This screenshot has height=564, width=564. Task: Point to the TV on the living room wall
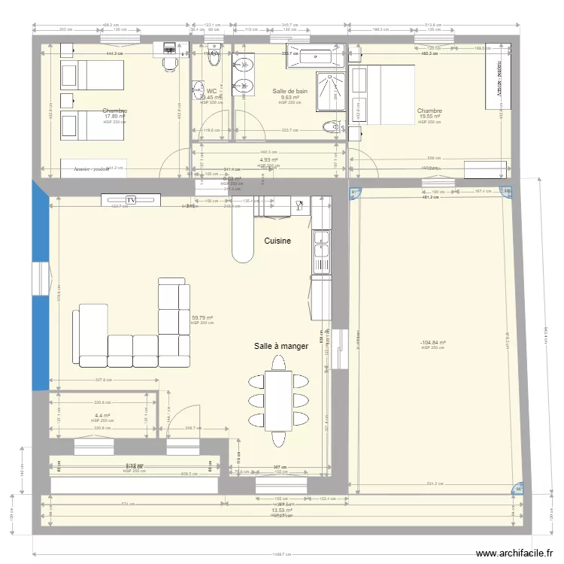click(131, 200)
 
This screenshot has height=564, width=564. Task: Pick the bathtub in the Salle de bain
click(313, 55)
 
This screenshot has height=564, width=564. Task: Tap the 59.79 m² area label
click(202, 318)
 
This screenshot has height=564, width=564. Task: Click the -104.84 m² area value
click(433, 343)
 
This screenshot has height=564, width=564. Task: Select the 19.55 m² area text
click(429, 117)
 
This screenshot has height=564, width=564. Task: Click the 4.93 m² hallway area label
click(268, 159)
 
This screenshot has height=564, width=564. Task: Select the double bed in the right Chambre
click(383, 94)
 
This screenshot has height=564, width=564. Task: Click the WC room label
click(211, 91)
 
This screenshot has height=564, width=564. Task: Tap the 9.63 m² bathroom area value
click(290, 97)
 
